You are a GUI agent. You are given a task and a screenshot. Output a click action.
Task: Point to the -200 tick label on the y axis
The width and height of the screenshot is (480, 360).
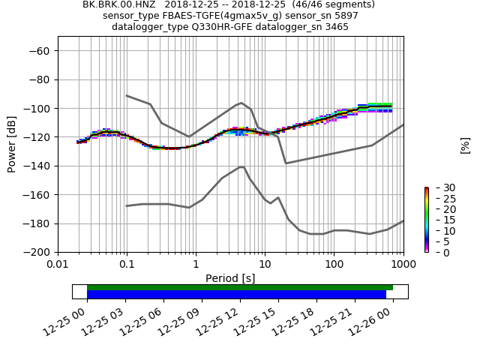(x=38, y=253)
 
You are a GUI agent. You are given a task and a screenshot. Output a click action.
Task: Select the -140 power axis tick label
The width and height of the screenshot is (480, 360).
(x=38, y=166)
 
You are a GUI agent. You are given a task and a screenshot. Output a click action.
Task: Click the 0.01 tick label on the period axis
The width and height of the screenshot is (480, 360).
(x=58, y=265)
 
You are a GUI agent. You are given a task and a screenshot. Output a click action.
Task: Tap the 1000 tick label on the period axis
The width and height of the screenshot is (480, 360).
(x=403, y=265)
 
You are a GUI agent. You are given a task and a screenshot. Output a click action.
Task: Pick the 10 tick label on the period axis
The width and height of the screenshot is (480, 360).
(x=265, y=265)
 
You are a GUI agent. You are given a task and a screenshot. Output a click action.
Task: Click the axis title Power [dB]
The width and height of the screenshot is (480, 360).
(x=12, y=144)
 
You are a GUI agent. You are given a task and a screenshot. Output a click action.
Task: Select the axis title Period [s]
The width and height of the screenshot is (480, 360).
(x=230, y=278)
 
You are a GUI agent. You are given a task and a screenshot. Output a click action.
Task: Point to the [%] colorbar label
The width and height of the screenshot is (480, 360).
(x=465, y=145)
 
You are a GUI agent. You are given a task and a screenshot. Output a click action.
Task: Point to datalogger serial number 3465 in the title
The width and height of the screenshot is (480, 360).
(x=335, y=27)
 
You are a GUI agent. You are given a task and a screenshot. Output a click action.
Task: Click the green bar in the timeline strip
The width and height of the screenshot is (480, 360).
(x=240, y=287)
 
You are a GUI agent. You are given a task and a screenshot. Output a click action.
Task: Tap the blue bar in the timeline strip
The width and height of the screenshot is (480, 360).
(x=236, y=295)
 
